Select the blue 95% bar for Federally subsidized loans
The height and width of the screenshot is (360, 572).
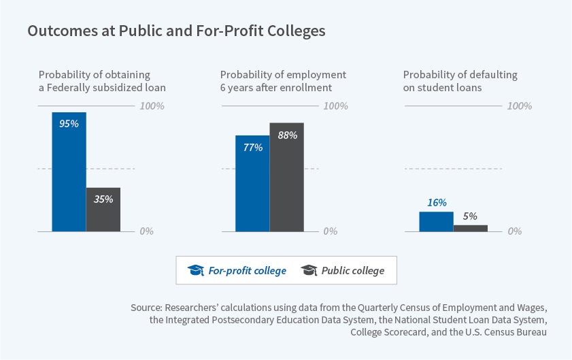69,174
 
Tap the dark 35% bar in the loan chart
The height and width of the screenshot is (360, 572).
103,211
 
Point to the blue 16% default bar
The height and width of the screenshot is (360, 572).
436,222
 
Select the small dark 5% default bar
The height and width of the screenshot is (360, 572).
471,228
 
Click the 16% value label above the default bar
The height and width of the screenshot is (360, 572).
437,202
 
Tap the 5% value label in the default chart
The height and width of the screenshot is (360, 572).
470,216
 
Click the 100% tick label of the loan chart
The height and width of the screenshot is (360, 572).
152,106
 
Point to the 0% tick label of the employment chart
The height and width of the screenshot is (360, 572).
330,231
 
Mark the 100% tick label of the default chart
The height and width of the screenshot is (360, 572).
519,106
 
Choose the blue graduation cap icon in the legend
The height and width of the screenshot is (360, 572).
196,270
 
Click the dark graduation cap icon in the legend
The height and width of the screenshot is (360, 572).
309,270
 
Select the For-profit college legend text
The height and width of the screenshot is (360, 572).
247,271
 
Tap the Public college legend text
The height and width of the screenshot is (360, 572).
352,271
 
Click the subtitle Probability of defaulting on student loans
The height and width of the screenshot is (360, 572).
460,80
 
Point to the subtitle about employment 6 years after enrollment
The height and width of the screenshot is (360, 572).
283,80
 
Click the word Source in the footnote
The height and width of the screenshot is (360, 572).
146,308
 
